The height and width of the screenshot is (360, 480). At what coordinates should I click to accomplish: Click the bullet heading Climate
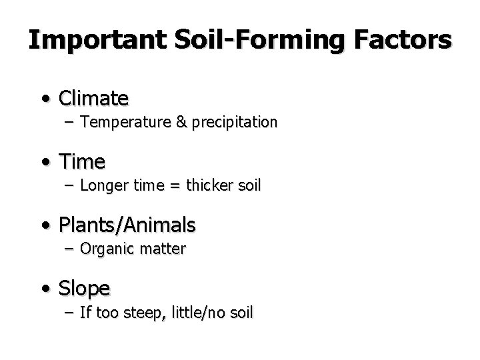(x=94, y=99)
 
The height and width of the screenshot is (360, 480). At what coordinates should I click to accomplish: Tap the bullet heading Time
(x=82, y=162)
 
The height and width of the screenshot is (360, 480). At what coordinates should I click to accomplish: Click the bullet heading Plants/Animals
(x=127, y=225)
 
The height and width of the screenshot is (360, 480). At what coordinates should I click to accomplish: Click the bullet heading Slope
(x=85, y=289)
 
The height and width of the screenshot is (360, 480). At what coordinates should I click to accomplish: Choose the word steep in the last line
(x=150, y=312)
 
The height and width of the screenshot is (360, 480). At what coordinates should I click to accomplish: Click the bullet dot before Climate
(x=44, y=99)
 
